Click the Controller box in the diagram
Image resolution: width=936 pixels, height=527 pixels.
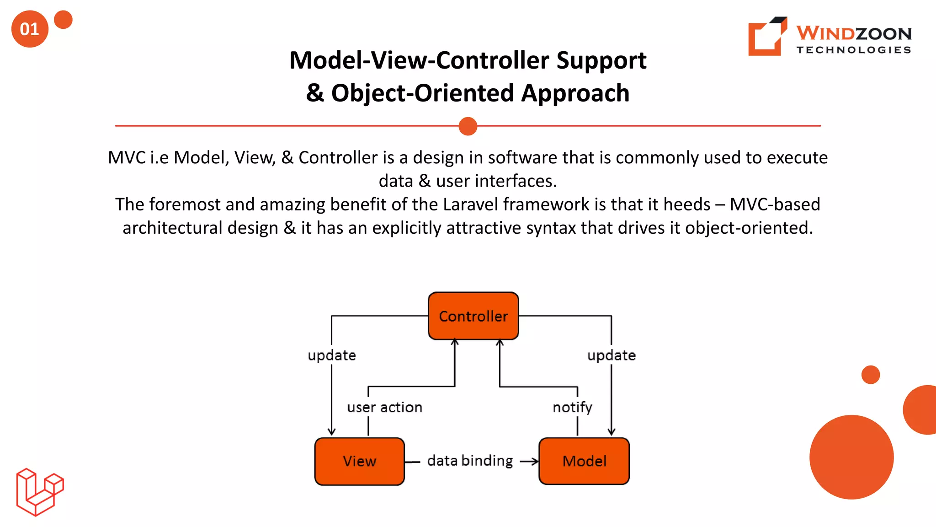(473, 316)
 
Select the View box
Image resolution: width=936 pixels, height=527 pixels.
(360, 461)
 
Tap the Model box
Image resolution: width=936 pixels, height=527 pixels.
(584, 461)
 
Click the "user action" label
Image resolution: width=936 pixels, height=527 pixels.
(384, 407)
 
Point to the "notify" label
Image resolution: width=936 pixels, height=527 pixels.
(572, 407)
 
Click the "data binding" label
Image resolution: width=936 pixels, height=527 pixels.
(470, 461)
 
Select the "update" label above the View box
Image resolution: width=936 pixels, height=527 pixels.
(332, 355)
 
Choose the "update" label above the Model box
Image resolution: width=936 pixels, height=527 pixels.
(611, 355)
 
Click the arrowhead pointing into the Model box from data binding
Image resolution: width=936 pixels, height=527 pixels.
(535, 462)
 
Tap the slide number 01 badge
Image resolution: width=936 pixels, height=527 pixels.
(30, 29)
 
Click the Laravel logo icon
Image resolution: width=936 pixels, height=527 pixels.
(40, 492)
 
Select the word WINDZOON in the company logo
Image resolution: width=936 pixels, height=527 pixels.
(854, 33)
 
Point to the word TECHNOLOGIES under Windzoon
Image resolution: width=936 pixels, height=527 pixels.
(854, 50)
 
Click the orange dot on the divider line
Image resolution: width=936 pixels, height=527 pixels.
(468, 126)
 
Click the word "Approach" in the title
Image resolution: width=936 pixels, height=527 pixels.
(575, 93)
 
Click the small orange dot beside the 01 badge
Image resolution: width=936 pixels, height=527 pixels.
(63, 20)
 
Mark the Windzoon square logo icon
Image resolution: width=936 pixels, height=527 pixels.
(767, 37)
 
